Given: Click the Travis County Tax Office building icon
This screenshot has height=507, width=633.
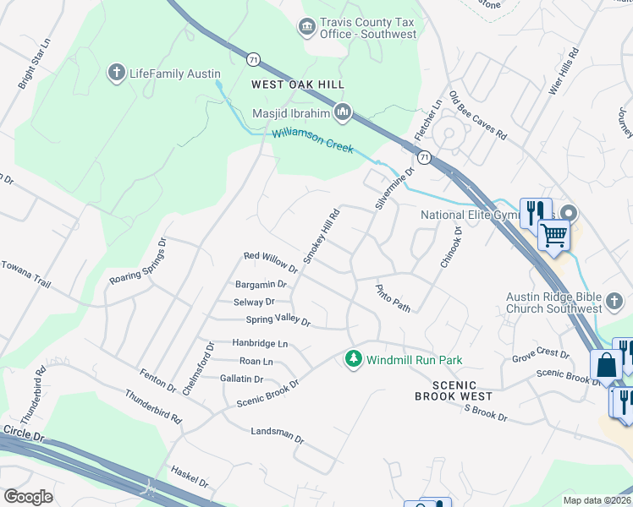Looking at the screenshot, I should pyautogui.click(x=306, y=28).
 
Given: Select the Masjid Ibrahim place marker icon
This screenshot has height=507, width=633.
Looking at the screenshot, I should pyautogui.click(x=343, y=112).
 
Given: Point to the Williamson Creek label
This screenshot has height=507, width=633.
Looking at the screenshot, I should pyautogui.click(x=312, y=141).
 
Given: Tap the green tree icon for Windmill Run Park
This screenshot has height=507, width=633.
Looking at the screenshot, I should pyautogui.click(x=354, y=360).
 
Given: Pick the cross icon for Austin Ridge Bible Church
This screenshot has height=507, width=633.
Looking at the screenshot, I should pyautogui.click(x=615, y=302).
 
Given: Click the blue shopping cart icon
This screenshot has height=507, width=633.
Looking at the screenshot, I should pyautogui.click(x=553, y=236).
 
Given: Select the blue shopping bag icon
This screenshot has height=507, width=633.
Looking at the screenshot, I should pyautogui.click(x=607, y=367).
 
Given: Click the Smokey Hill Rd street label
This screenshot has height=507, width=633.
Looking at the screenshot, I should pyautogui.click(x=322, y=236).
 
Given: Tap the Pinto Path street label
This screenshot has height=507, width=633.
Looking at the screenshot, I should pyautogui.click(x=394, y=298).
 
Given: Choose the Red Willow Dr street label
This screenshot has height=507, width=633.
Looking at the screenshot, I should pyautogui.click(x=270, y=262).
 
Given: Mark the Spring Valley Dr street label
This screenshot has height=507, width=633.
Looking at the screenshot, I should pyautogui.click(x=278, y=320).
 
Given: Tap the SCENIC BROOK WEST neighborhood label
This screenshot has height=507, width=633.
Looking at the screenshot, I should pyautogui.click(x=454, y=390).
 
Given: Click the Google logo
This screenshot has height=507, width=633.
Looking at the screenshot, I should pyautogui.click(x=28, y=497).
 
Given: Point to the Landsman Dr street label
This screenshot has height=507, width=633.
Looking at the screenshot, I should pyautogui.click(x=277, y=434).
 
